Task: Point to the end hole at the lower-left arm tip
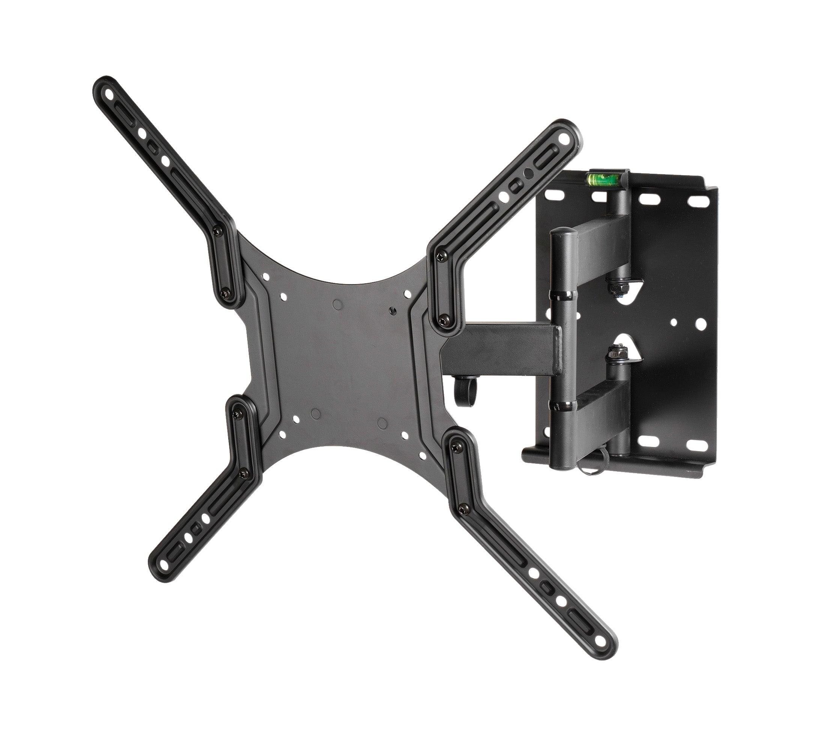[x=163, y=564]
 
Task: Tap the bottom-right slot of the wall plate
[x=697, y=445]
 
